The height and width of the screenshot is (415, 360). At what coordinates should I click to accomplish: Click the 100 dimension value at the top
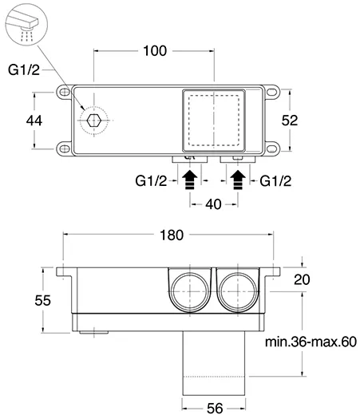pos(155,50)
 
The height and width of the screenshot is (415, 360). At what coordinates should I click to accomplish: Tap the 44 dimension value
pos(34,121)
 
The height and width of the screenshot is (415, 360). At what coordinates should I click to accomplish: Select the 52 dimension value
pos(290,121)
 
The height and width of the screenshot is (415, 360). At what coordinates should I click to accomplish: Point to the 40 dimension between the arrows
pos(213,204)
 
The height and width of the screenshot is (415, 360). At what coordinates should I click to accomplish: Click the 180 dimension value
pos(172,235)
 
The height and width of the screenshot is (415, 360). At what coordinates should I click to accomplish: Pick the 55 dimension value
pos(42,301)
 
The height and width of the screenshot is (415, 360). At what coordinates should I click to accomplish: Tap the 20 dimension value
pos(302,279)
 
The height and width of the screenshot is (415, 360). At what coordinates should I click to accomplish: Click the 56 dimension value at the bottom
pos(215,409)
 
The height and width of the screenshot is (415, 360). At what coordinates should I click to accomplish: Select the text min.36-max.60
pos(311,342)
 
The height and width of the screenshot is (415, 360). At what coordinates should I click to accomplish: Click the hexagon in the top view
pos(93,121)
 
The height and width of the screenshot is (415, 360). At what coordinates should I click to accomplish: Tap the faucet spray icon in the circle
pos(26,25)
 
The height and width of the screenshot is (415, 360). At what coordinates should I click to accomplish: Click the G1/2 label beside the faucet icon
pos(24,69)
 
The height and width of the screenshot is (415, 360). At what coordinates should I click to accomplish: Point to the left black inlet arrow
pos(190,180)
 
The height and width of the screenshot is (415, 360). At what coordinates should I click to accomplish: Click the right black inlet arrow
pos(238,180)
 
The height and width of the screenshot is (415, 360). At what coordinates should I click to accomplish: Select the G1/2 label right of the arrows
pos(275,181)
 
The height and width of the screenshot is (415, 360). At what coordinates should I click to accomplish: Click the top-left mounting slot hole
pos(65,92)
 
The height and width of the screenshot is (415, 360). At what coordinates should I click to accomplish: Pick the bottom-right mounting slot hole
pos(271,148)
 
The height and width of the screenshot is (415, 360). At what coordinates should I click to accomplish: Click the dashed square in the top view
pos(188,121)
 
